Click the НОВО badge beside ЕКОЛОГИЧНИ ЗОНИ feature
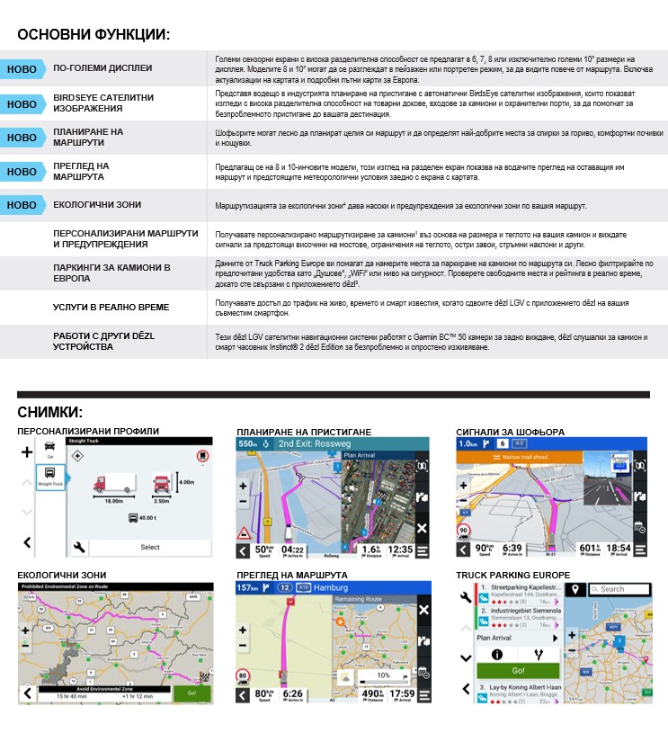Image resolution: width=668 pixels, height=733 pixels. (x=22, y=205)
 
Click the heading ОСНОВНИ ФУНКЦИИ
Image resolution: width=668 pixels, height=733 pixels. (x=93, y=35)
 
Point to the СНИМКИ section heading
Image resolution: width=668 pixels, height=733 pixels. (x=50, y=412)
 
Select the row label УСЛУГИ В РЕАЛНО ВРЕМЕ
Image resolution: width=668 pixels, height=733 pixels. (x=111, y=308)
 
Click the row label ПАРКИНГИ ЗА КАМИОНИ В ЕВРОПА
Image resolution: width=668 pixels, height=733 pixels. (x=111, y=273)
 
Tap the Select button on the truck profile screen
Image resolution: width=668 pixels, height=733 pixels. (x=150, y=547)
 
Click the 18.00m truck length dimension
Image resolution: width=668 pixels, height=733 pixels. (x=113, y=500)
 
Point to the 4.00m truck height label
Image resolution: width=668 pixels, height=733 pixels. (x=187, y=483)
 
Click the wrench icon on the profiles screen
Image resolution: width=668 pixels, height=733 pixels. (x=79, y=546)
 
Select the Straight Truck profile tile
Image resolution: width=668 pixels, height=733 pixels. (x=50, y=477)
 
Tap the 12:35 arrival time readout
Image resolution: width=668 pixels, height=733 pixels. (x=401, y=550)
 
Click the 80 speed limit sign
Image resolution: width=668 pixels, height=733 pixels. (x=242, y=675)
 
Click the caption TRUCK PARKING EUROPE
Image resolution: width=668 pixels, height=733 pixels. (x=512, y=575)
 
